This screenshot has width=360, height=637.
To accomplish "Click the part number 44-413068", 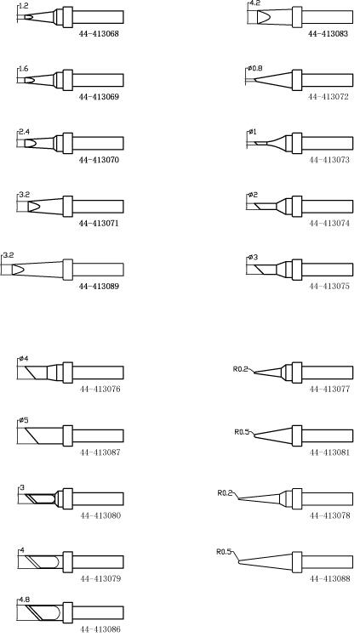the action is click(x=99, y=34).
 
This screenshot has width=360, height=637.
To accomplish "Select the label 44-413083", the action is click(x=328, y=34).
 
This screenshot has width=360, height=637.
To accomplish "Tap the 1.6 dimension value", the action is click(x=23, y=69).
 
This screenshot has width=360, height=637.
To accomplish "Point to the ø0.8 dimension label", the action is click(x=254, y=68).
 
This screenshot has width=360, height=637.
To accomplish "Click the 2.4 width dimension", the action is click(x=24, y=132).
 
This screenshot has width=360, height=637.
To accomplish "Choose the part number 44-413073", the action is click(x=329, y=160).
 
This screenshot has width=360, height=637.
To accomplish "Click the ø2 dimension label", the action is click(x=253, y=195).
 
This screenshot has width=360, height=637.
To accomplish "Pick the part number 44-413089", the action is click(x=99, y=287).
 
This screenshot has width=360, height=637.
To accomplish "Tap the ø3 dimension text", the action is click(x=253, y=258).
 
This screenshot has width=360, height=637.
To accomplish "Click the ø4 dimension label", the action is click(x=24, y=359).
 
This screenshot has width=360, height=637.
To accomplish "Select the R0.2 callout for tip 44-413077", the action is click(x=239, y=369).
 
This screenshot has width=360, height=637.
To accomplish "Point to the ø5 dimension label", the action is click(x=24, y=420).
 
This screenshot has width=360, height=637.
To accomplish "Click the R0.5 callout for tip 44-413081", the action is click(x=241, y=432).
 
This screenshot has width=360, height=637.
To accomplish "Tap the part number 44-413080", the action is click(x=100, y=515).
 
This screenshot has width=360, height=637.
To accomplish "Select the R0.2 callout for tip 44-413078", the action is click(x=224, y=493).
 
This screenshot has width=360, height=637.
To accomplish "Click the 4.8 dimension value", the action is click(x=25, y=600).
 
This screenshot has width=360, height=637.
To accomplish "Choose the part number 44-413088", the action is click(x=329, y=578).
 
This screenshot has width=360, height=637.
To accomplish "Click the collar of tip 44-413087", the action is click(x=68, y=436).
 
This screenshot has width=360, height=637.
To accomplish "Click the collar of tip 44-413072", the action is click(x=297, y=80).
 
